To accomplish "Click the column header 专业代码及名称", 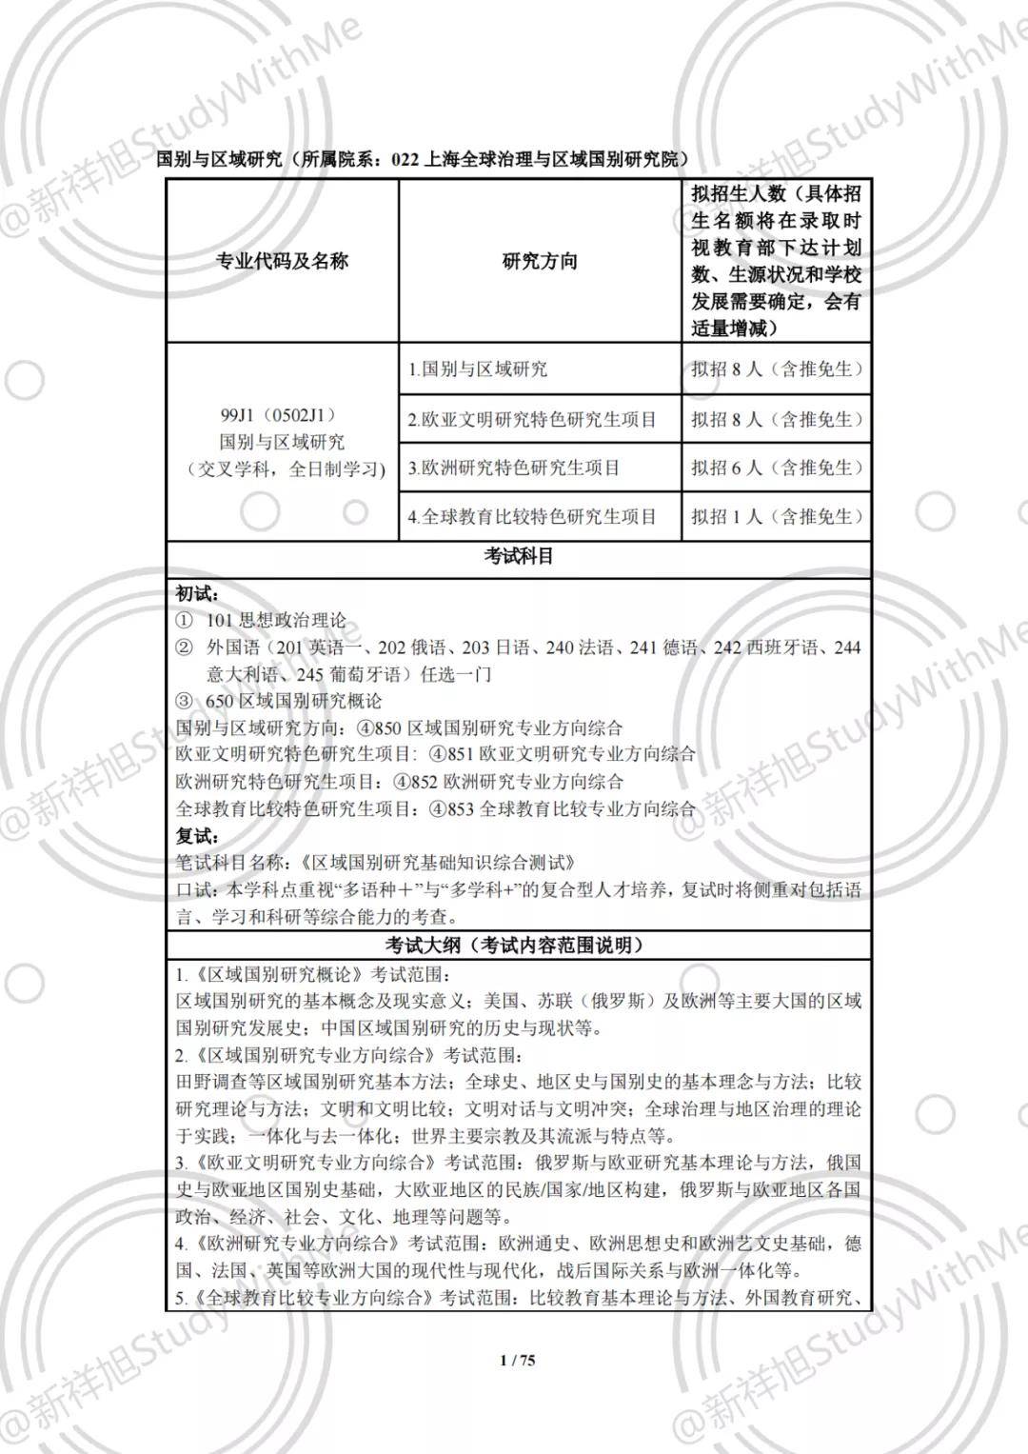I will [282, 261].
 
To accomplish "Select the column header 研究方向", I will [540, 261].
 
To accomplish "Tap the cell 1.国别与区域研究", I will [478, 369].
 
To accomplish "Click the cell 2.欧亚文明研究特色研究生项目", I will [532, 419].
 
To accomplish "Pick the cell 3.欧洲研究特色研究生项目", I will [514, 468].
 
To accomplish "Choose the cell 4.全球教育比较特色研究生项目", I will [532, 517].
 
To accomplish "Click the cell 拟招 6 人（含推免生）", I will [777, 468].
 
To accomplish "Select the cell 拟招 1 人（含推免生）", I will [777, 517].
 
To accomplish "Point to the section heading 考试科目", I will [519, 556].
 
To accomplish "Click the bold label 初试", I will [196, 593].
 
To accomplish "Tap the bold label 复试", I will [196, 836].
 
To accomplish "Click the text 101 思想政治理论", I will [276, 621].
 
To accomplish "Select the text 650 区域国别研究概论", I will [294, 701].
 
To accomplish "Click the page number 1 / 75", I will [518, 1360].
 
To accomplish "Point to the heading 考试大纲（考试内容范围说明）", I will [519, 946].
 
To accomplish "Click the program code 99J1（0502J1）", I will [278, 416].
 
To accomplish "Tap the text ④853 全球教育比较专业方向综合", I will [563, 808].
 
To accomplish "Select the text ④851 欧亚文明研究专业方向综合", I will [563, 754].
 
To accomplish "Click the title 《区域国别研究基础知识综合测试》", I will [437, 863].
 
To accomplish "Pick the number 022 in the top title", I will [405, 160].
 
